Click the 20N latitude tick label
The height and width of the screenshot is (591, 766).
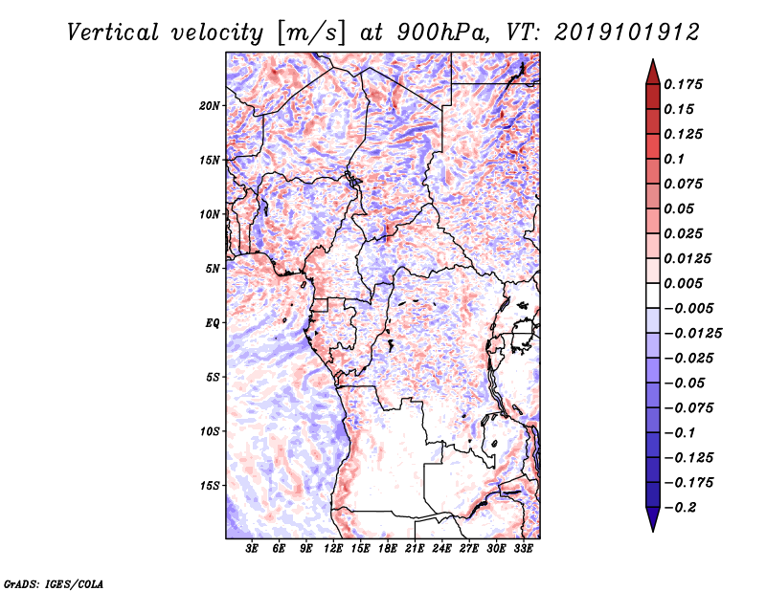210,105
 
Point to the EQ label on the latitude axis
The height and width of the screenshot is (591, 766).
212,322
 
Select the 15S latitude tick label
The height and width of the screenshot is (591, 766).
210,485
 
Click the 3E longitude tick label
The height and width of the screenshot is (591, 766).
253,549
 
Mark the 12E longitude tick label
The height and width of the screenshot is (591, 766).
334,549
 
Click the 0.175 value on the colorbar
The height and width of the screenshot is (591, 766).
686,84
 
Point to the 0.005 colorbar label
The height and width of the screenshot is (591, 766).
686,283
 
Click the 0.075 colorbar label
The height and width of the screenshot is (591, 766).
686,184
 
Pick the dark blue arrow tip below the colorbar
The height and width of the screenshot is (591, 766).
652,522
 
